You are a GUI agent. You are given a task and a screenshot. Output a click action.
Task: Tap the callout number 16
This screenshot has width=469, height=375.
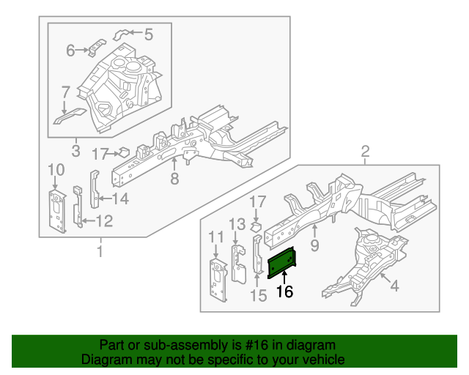284,292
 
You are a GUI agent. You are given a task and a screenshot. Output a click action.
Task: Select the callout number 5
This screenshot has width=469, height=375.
148,33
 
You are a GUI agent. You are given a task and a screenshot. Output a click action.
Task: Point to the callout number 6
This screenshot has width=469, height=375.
71,50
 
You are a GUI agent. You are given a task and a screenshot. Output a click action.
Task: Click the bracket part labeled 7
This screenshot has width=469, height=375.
70,115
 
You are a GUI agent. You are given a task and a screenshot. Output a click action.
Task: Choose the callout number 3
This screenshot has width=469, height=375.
75,152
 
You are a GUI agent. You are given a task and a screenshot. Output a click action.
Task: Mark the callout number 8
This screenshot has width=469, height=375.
174,179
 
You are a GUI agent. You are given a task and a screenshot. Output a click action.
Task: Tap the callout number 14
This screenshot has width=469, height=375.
120,198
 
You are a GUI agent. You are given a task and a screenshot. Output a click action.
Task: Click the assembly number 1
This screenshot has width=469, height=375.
99,253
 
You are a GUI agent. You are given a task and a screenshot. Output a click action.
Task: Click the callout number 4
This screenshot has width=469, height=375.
394,286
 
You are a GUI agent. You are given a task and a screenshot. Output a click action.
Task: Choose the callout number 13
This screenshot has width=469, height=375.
235,223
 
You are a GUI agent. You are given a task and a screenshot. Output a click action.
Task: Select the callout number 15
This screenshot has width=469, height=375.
256,295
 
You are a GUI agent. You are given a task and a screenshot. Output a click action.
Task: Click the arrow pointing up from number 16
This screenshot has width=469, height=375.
284,276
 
